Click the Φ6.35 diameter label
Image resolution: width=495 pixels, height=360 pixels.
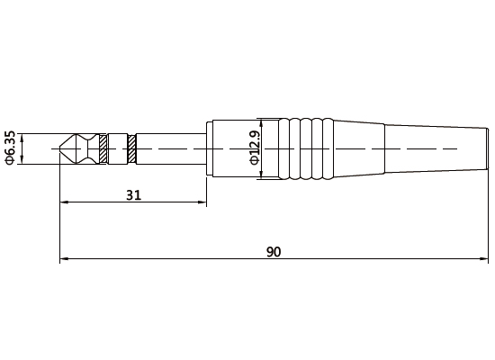click(x=10, y=149)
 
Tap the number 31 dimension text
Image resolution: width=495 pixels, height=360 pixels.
click(x=132, y=193)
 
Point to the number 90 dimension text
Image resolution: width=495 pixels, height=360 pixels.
click(x=274, y=252)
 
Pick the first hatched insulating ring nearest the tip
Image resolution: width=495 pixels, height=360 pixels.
click(x=103, y=148)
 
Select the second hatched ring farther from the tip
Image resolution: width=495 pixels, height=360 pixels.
click(x=132, y=148)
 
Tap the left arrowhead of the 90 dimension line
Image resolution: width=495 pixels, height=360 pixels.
click(x=64, y=261)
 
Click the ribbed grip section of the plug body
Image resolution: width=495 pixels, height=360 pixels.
click(x=306, y=148)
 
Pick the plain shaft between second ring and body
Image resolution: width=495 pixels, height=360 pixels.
click(x=171, y=148)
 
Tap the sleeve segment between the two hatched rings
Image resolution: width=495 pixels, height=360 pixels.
click(x=118, y=148)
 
